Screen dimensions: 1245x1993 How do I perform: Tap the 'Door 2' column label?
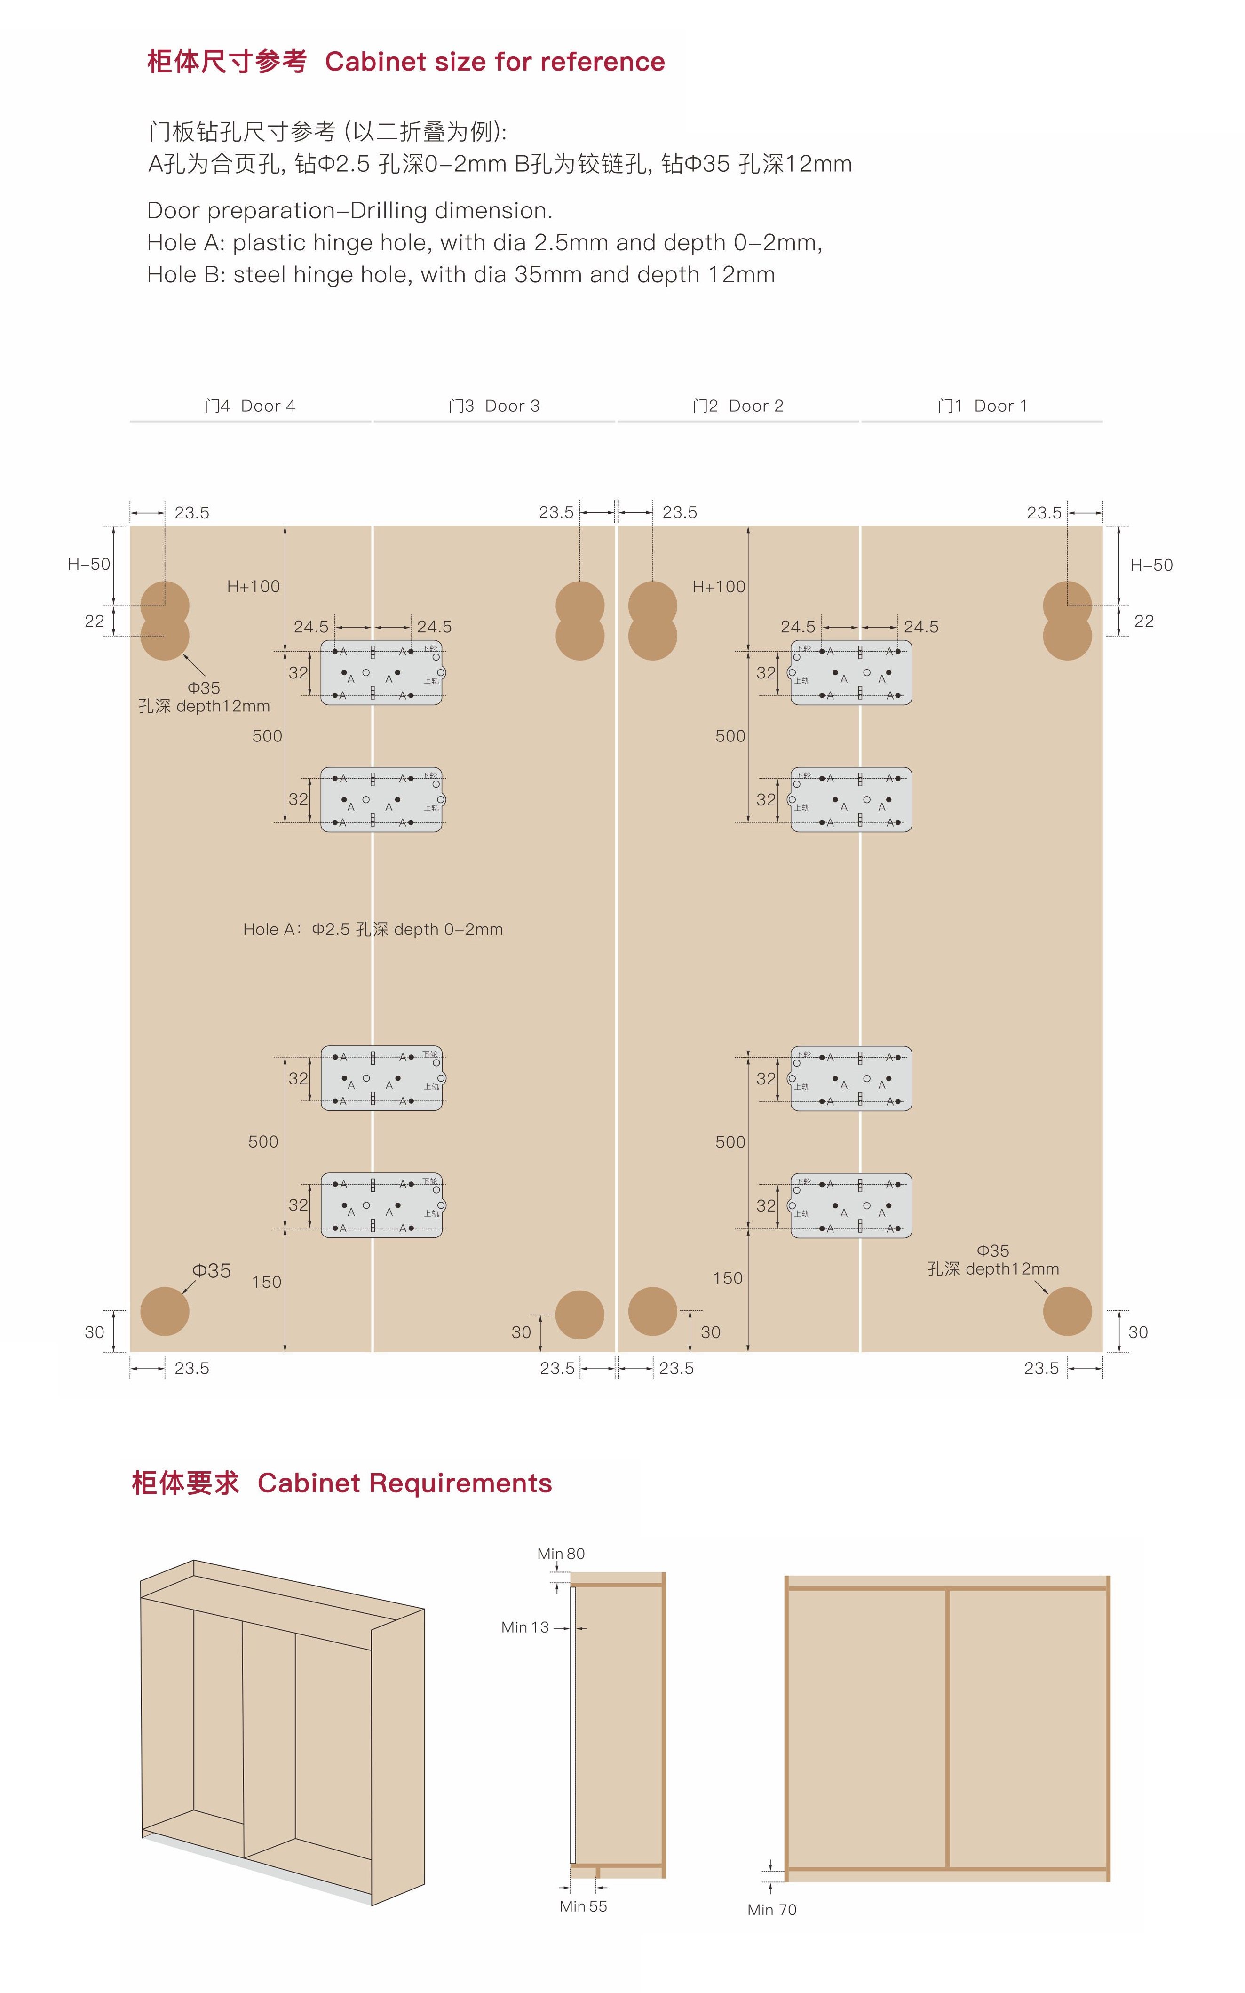738,406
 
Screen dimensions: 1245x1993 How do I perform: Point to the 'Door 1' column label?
983,406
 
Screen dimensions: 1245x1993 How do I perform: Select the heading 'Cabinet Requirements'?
404,1483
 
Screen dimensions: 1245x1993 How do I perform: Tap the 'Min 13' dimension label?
524,1627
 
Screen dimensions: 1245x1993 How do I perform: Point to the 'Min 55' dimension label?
583,1906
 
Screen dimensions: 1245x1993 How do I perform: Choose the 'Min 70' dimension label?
771,1910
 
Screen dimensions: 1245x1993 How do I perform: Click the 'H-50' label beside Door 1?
1151,565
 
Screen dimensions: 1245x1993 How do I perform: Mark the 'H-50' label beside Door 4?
89,564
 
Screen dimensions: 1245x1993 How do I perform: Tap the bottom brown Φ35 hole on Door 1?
1067,1311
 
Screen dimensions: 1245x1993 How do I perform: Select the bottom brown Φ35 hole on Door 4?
165,1311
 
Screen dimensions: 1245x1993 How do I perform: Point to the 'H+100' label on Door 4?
254,586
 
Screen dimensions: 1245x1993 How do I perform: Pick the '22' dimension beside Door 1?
1144,621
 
